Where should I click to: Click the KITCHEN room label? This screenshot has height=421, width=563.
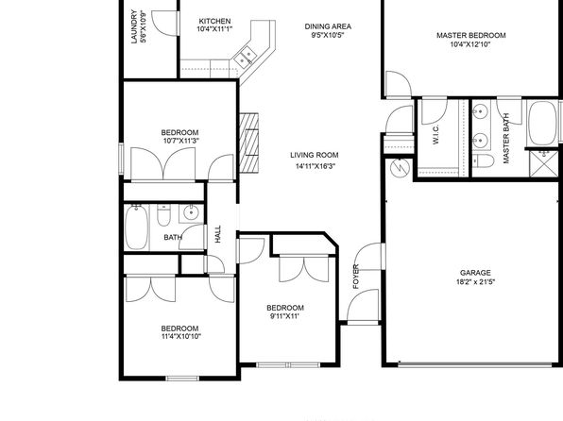[x=214, y=21]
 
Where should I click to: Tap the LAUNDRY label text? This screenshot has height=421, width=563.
[x=134, y=26]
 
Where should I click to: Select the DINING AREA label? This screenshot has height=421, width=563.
[x=328, y=26]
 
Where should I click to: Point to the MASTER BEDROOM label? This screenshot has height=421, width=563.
[x=471, y=36]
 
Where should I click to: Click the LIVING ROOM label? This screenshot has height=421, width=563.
[x=315, y=155]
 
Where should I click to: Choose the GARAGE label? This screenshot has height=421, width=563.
[x=475, y=273]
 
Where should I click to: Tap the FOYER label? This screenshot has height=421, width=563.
[x=356, y=277]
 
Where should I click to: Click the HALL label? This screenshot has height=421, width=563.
[x=218, y=234]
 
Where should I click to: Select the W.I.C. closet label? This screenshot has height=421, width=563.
[x=435, y=135]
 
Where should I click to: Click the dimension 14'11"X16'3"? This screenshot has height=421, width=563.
[x=316, y=166]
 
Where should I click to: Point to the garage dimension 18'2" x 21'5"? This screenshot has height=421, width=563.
[x=475, y=282]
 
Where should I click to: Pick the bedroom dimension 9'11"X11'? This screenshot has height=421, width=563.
[x=284, y=316]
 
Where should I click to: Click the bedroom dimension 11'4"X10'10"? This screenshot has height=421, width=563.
[x=181, y=337]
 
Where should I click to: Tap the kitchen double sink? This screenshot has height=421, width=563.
[x=245, y=58]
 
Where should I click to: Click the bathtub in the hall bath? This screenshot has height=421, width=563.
[x=136, y=227]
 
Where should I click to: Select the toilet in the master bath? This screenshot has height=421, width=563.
[x=484, y=160]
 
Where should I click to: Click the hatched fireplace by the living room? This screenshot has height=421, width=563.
[x=249, y=143]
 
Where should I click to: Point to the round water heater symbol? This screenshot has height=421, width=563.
[x=400, y=168]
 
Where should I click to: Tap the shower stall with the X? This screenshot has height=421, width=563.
[x=544, y=163]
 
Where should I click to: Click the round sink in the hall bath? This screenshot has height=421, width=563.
[x=191, y=213]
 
